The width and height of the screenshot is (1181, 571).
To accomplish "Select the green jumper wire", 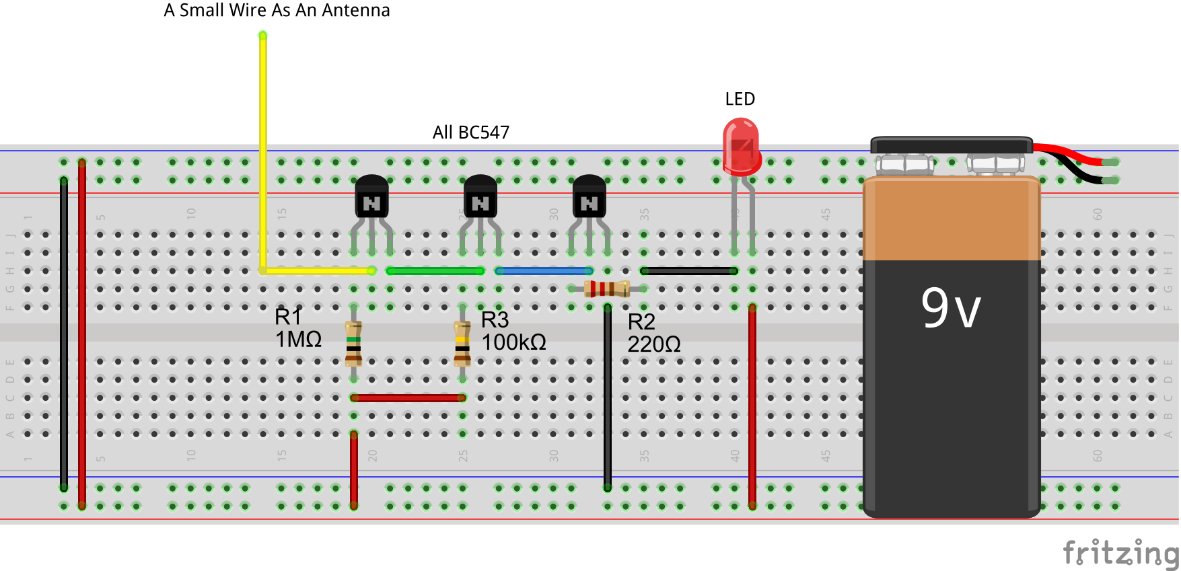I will click(435, 271).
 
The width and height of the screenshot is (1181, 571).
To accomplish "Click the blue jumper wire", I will click(544, 271).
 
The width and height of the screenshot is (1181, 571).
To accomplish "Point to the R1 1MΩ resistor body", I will click(353, 343).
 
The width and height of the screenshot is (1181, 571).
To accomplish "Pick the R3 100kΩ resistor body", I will click(462, 343).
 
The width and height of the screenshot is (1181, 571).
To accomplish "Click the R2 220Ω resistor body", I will click(607, 289).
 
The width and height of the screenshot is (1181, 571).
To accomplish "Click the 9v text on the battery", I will click(951, 308).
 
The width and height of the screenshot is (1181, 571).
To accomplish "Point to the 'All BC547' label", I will click(471, 132).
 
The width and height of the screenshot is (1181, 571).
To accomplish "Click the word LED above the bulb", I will click(740, 100).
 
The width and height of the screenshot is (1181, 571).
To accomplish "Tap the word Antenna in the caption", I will click(356, 11).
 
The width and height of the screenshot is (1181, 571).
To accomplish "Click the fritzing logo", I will click(1120, 553).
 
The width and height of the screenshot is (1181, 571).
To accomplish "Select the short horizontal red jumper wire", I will click(408, 398).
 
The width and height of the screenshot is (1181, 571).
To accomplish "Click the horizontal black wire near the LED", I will click(689, 271).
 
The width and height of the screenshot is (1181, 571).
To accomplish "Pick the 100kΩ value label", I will click(513, 342).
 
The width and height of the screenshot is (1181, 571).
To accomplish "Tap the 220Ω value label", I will click(653, 344).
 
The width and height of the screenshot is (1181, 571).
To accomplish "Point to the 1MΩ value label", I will click(298, 339).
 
